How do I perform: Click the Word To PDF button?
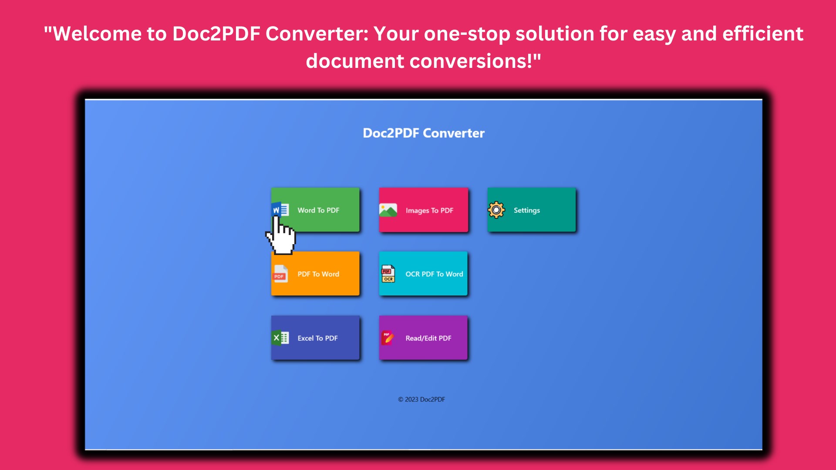tap(315, 210)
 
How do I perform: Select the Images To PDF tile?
tap(423, 210)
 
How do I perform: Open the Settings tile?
tap(532, 210)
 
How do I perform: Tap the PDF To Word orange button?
tap(315, 274)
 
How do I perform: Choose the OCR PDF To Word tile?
tap(423, 274)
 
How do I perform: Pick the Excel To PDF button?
tap(315, 338)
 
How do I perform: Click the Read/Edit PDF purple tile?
tap(423, 338)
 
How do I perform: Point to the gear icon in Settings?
tap(496, 210)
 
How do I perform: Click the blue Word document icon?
tap(280, 210)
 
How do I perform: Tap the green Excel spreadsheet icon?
tap(280, 338)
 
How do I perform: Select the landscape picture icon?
tap(388, 210)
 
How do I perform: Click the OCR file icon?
tap(388, 274)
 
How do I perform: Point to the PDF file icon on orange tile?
tap(280, 274)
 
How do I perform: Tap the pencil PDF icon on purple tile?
tap(387, 338)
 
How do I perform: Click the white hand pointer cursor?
tap(281, 236)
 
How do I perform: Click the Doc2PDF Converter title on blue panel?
tap(424, 133)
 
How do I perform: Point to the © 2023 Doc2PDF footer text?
tap(421, 399)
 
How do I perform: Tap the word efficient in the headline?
tap(763, 34)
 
